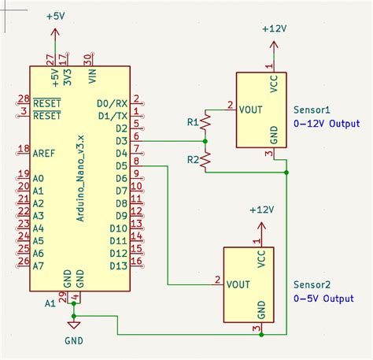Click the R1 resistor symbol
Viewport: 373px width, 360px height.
click(x=206, y=123)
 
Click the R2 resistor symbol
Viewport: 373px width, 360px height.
click(x=206, y=160)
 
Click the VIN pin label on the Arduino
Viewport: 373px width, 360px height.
click(x=93, y=76)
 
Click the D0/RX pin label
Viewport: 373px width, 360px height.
click(x=112, y=103)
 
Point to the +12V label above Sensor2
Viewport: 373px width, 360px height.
click(x=260, y=210)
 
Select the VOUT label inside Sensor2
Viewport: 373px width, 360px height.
click(x=238, y=284)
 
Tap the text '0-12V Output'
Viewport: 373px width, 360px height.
click(x=326, y=124)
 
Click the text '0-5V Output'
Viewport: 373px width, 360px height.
click(x=323, y=299)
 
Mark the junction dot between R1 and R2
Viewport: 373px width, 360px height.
click(x=206, y=141)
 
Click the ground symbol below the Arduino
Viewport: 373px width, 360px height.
click(x=74, y=323)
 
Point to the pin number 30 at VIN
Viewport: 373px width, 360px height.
click(x=88, y=58)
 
